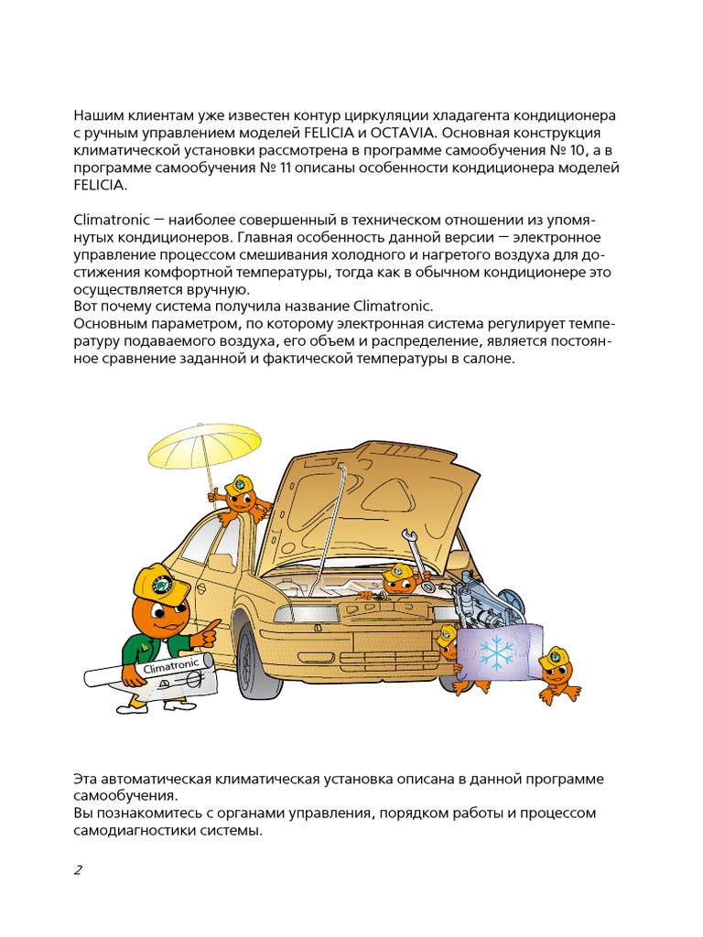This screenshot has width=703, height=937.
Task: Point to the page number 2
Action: click(78, 869)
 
